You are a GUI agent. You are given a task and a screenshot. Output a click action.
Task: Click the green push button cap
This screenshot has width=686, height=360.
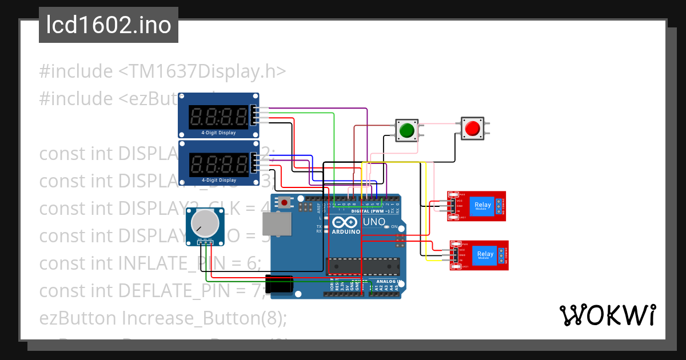tap(406, 130)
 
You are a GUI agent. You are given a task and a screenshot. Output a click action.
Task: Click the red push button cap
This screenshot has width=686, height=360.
tap(472, 128)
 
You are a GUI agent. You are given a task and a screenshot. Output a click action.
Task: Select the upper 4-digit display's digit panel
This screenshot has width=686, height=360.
tap(219, 117)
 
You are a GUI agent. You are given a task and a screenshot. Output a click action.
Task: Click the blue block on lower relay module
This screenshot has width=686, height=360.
tap(485, 254)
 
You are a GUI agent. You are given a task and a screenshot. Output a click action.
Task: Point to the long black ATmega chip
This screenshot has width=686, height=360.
tap(362, 266)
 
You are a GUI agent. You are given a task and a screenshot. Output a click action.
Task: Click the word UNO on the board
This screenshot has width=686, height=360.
tap(375, 222)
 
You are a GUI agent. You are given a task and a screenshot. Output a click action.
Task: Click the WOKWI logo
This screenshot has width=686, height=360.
tap(607, 315)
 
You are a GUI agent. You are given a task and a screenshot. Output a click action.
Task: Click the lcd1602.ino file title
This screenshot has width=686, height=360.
tap(109, 25)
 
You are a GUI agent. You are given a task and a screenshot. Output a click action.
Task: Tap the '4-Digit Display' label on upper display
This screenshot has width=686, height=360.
tap(218, 133)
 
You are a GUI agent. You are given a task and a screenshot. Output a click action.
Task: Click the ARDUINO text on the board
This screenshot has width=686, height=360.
tap(345, 232)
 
